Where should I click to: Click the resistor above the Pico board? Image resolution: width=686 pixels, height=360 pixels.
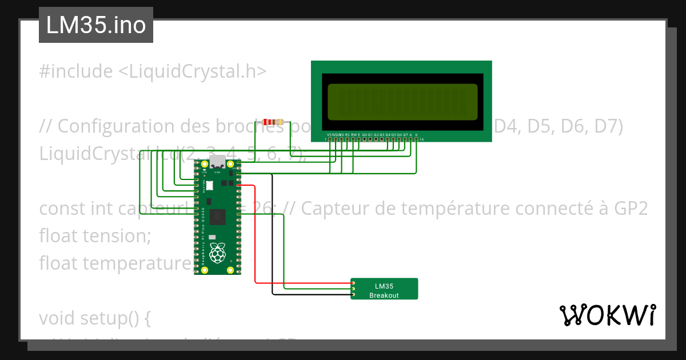273,122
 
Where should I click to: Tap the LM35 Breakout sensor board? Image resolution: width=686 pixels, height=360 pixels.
384,289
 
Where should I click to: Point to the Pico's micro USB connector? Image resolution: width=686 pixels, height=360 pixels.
217,162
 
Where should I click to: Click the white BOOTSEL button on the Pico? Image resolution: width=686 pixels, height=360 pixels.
209,186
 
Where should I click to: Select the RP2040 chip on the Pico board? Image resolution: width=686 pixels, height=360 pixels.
217,217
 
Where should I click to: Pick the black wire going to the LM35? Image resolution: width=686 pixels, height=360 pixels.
272,240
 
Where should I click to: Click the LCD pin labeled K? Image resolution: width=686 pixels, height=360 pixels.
416,139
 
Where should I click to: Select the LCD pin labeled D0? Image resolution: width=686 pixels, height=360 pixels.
365,139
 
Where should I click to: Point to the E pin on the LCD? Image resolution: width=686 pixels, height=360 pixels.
358,139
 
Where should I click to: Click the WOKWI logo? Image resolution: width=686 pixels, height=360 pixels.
607,315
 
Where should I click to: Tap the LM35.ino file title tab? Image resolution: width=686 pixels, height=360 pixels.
95,25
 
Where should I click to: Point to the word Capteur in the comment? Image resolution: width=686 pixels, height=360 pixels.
334,209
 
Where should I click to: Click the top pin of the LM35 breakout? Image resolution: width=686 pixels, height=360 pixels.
353,283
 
